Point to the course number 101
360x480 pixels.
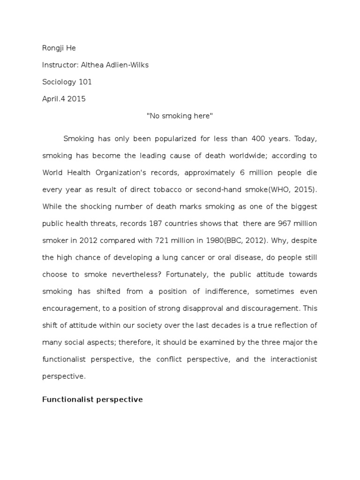(x=85, y=82)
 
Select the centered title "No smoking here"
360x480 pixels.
(x=180, y=116)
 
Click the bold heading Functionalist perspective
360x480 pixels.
(x=92, y=400)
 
